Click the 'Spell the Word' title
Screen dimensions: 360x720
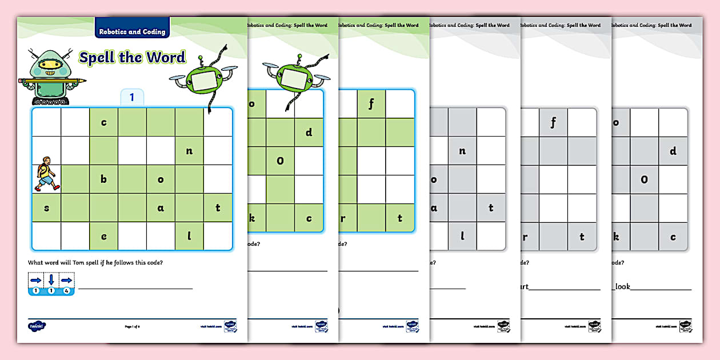tap(132, 58)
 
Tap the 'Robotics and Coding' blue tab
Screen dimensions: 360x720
tap(132, 32)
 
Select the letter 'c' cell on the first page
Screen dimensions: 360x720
tap(103, 122)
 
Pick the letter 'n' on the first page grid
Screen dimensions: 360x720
tap(189, 151)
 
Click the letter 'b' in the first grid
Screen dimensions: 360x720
tap(103, 179)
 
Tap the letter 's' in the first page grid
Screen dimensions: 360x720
tap(46, 208)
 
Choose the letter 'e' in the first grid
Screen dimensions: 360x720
tap(103, 237)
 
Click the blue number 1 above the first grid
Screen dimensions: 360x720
tap(132, 98)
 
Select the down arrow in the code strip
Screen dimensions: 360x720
tap(51, 281)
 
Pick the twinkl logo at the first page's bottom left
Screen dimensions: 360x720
tap(37, 326)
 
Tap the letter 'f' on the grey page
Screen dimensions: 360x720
tap(553, 122)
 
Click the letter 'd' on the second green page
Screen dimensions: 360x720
tap(309, 133)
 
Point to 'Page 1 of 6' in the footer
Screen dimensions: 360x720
tap(132, 326)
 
